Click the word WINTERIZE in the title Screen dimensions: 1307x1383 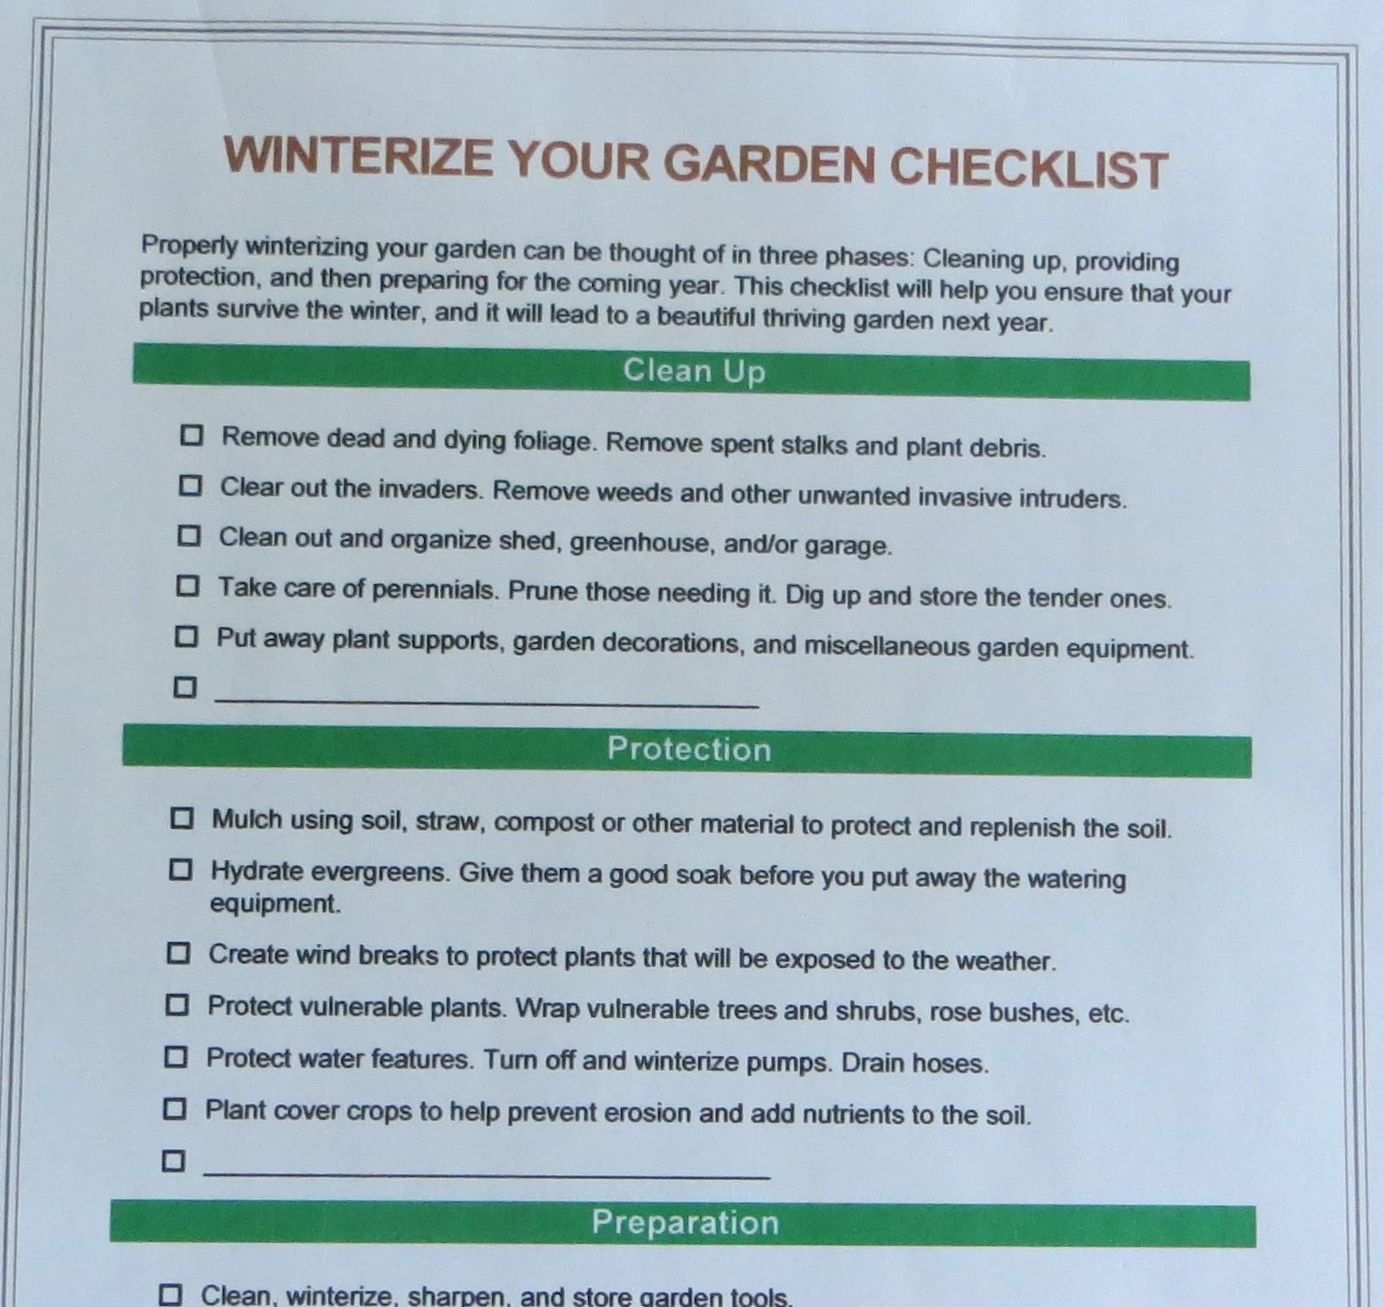tap(357, 157)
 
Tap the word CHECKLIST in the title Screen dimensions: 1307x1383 tap(1028, 167)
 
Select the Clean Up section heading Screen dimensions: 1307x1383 tap(693, 372)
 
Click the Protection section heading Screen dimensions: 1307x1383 tap(689, 750)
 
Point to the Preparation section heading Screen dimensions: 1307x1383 tap(685, 1223)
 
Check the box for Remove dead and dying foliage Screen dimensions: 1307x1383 tap(192, 435)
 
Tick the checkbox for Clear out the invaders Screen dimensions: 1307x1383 tap(190, 485)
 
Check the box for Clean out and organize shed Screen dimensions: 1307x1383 tap(189, 536)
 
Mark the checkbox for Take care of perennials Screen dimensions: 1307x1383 tap(187, 586)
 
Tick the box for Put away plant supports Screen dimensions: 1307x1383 tap(186, 637)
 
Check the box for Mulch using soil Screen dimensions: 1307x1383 tap(181, 818)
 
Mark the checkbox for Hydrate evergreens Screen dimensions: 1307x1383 tap(180, 869)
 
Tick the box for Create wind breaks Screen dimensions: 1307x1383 tap(178, 953)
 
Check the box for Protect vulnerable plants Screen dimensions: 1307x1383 tap(177, 1005)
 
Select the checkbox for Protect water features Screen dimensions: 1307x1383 tap(175, 1057)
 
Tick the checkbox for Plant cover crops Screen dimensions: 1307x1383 tap(174, 1108)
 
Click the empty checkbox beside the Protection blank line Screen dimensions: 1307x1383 tap(173, 1161)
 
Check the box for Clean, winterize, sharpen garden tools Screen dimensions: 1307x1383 tap(171, 1295)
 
